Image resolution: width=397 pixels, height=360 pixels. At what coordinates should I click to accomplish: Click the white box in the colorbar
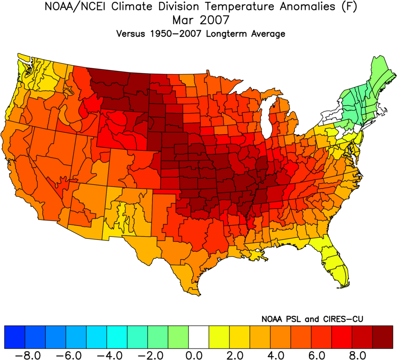pyautogui.click(x=199, y=337)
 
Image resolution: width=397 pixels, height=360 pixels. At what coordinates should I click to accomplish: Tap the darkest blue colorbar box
pyautogui.click(x=14, y=337)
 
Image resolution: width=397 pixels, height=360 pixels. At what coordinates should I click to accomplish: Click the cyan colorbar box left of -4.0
pyautogui.click(x=96, y=337)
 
